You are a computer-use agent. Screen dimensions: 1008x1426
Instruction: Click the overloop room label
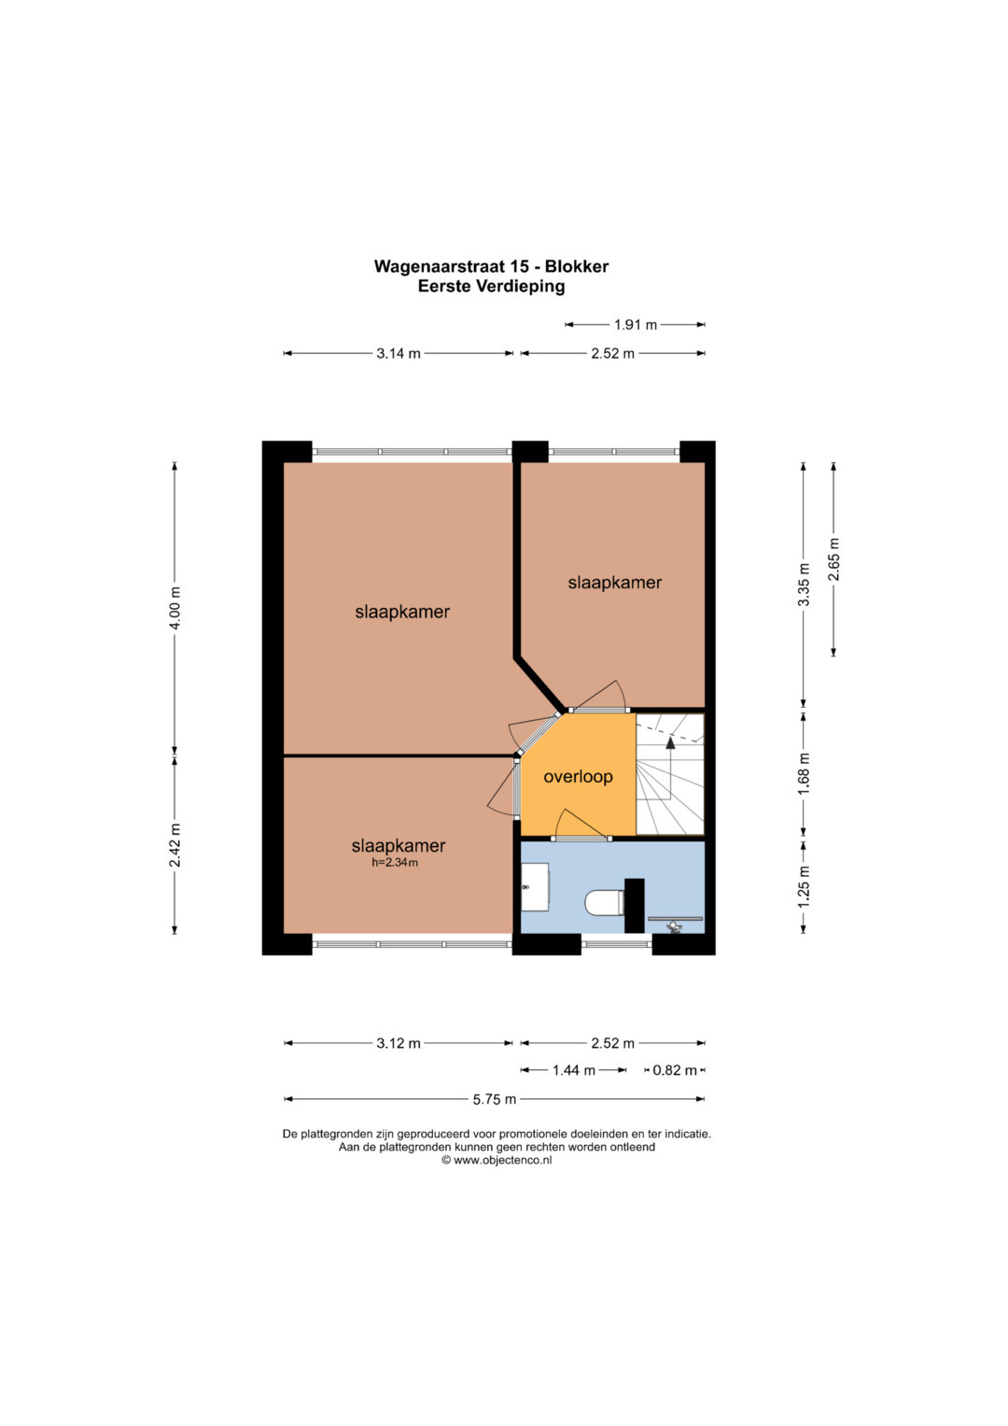click(x=578, y=777)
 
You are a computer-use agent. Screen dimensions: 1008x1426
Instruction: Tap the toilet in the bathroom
click(x=604, y=903)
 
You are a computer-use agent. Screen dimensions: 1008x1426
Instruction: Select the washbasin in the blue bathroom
click(x=535, y=887)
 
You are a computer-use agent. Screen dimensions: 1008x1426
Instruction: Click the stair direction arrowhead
click(x=670, y=742)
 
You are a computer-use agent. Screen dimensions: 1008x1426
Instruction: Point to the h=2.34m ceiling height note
click(x=395, y=863)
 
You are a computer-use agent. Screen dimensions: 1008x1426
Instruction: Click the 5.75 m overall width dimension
click(x=495, y=1099)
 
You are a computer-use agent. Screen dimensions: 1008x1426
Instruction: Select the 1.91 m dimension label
click(x=635, y=325)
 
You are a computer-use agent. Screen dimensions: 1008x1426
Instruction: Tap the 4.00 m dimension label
click(x=175, y=607)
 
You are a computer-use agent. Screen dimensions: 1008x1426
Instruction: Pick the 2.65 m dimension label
click(x=833, y=559)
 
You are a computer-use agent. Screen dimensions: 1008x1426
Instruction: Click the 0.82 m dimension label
click(x=675, y=1071)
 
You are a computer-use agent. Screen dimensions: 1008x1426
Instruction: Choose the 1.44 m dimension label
click(x=573, y=1071)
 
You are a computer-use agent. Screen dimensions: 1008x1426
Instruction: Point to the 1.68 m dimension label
click(x=804, y=773)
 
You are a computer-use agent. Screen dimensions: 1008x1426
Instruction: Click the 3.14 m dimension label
click(x=399, y=353)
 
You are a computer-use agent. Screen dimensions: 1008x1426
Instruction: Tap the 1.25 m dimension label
click(x=804, y=887)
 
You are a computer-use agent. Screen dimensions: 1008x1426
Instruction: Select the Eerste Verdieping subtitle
click(x=491, y=287)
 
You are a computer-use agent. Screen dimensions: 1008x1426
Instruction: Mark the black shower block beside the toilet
click(x=634, y=906)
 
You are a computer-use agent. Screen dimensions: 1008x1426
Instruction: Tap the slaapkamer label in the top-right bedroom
click(x=615, y=583)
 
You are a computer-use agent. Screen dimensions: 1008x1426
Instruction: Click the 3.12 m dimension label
click(x=399, y=1043)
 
